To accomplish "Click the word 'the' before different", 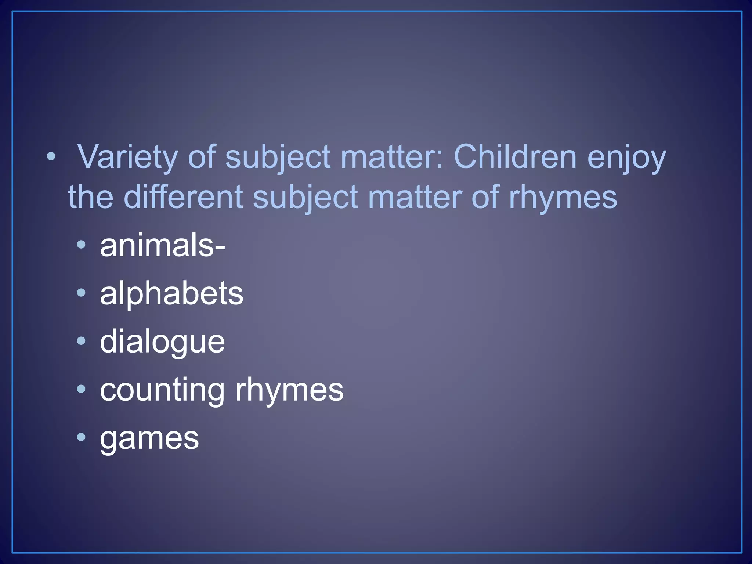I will (x=91, y=197).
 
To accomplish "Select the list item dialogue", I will (x=162, y=343).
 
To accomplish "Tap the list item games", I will (x=149, y=438).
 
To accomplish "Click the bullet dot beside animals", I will (x=82, y=245).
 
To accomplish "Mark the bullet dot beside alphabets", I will (x=82, y=293).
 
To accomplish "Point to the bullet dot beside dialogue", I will (x=82, y=341).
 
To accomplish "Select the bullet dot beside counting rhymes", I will (x=82, y=389).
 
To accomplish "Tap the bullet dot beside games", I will (x=82, y=437).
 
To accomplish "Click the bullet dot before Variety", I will (x=51, y=157).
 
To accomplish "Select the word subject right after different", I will (x=305, y=198).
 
